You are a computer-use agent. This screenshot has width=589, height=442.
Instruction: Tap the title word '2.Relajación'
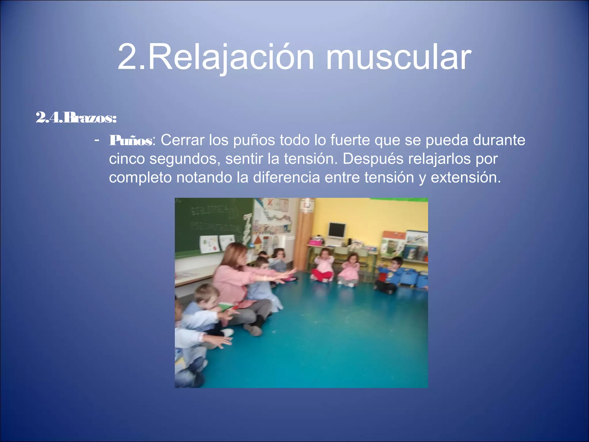(x=216, y=58)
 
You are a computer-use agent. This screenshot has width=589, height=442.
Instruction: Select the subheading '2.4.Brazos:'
(x=76, y=118)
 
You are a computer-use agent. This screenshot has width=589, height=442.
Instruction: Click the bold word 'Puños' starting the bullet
(x=131, y=141)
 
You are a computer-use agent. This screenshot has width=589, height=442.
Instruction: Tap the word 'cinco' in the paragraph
(x=127, y=159)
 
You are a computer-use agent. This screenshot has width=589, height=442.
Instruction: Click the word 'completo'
(x=140, y=178)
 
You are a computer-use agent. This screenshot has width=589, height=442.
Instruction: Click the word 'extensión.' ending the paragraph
(x=466, y=177)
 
